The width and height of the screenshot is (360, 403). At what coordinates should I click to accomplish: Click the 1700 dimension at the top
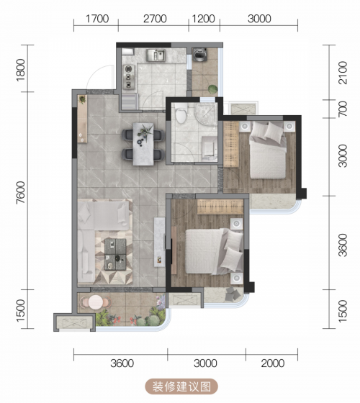[x=97, y=19]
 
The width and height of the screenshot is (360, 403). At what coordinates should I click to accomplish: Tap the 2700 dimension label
[x=155, y=19]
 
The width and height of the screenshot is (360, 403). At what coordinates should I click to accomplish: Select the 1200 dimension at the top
[x=203, y=19]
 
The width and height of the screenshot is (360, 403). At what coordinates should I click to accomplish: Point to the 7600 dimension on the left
[x=21, y=193]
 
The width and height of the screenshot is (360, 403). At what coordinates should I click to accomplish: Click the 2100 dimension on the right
[x=343, y=73]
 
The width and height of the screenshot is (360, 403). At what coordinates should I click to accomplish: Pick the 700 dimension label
[x=343, y=109]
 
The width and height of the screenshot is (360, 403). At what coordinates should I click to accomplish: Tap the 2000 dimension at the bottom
[x=273, y=363]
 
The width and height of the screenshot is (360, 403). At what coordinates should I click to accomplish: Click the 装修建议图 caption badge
[x=181, y=386]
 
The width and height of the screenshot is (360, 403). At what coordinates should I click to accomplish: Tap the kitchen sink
[x=156, y=55]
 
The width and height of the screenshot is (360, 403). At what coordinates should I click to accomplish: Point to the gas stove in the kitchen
[x=129, y=76]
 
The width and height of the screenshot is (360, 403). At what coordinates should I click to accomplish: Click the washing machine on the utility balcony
[x=200, y=55]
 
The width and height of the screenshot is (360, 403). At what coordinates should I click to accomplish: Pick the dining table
[x=143, y=144]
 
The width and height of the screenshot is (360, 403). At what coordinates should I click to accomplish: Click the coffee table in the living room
[x=115, y=254]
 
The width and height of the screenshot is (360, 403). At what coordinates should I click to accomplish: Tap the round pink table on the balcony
[x=95, y=302]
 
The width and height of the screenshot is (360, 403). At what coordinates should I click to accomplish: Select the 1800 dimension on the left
[x=21, y=71]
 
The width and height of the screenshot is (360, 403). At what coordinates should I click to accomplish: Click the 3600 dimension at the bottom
[x=122, y=363]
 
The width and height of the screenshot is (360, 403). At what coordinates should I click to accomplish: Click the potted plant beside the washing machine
[x=213, y=89]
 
